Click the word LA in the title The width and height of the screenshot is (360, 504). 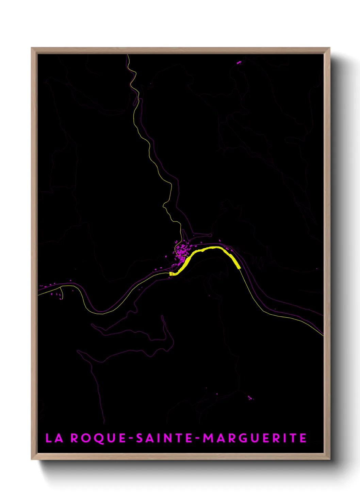tap(54, 438)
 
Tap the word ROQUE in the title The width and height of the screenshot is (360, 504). tap(98, 438)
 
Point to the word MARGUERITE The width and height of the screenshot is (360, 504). tap(255, 438)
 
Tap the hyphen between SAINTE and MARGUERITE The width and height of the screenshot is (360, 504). tap(198, 438)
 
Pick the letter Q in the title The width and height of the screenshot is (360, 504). tap(99, 438)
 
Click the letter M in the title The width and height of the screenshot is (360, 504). tap(209, 438)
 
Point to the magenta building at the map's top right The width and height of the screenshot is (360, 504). tap(239, 62)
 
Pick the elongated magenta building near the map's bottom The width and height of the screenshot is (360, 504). tap(250, 398)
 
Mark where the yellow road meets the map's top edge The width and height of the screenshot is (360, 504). tap(128, 55)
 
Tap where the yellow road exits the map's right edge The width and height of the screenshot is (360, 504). tap(322, 335)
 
